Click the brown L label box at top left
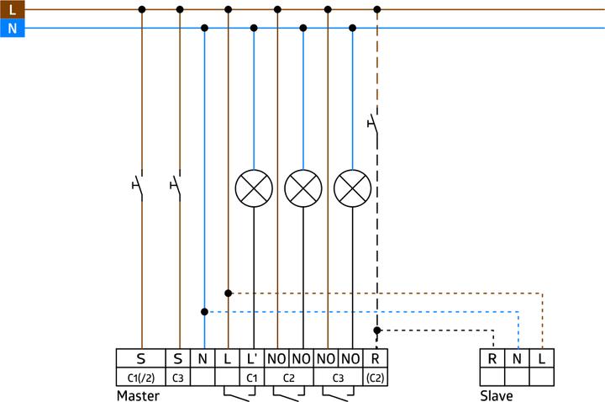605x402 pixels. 11,9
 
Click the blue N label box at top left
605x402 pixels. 11,28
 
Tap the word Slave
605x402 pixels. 496,394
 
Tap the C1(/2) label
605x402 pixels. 140,378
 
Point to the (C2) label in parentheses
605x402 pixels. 375,378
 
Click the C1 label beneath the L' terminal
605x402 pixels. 251,378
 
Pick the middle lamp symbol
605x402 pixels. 302,188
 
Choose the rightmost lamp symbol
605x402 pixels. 352,188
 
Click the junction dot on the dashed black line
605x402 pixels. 377,331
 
